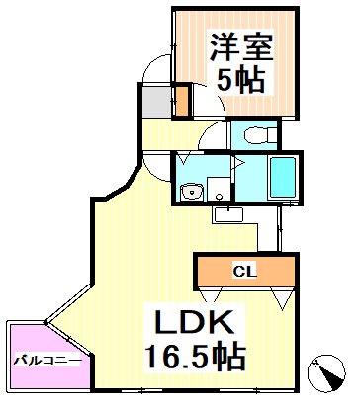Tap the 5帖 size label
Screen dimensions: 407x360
coord(237,81)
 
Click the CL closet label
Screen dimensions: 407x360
coord(243,269)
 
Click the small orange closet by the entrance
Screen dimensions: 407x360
coord(181,101)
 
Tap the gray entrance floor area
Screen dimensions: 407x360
coord(155,100)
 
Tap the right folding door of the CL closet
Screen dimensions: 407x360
coord(280,293)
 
